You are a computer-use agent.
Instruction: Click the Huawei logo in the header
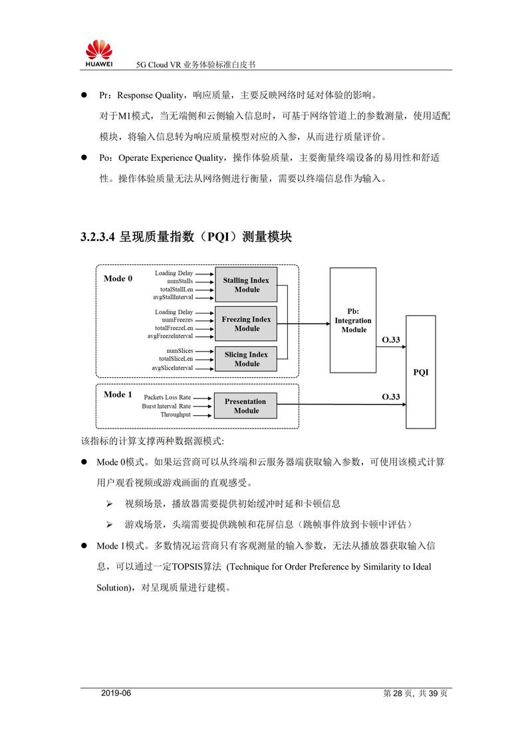pyautogui.click(x=98, y=54)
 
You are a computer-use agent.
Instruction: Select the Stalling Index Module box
pyautogui.click(x=246, y=285)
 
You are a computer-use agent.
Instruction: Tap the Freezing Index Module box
pyautogui.click(x=246, y=324)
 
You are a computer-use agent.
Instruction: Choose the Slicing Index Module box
pyautogui.click(x=246, y=359)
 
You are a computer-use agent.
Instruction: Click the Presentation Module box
pyautogui.click(x=246, y=406)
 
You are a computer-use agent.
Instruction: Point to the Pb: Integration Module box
pyautogui.click(x=353, y=320)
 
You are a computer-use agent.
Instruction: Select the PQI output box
pyautogui.click(x=420, y=372)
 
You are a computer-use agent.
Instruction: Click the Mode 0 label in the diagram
pyautogui.click(x=118, y=278)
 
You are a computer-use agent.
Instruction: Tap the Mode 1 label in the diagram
pyautogui.click(x=118, y=395)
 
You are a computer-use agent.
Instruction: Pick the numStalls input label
pyautogui.click(x=177, y=282)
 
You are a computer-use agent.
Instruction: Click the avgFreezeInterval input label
pyautogui.click(x=170, y=336)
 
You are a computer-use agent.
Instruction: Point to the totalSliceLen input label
pyautogui.click(x=176, y=359)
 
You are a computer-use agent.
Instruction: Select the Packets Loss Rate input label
pyautogui.click(x=167, y=397)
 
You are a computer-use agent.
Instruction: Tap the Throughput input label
pyautogui.click(x=176, y=415)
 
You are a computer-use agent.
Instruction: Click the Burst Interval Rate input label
pyautogui.click(x=166, y=406)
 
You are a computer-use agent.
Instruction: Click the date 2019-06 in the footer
pyautogui.click(x=116, y=694)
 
